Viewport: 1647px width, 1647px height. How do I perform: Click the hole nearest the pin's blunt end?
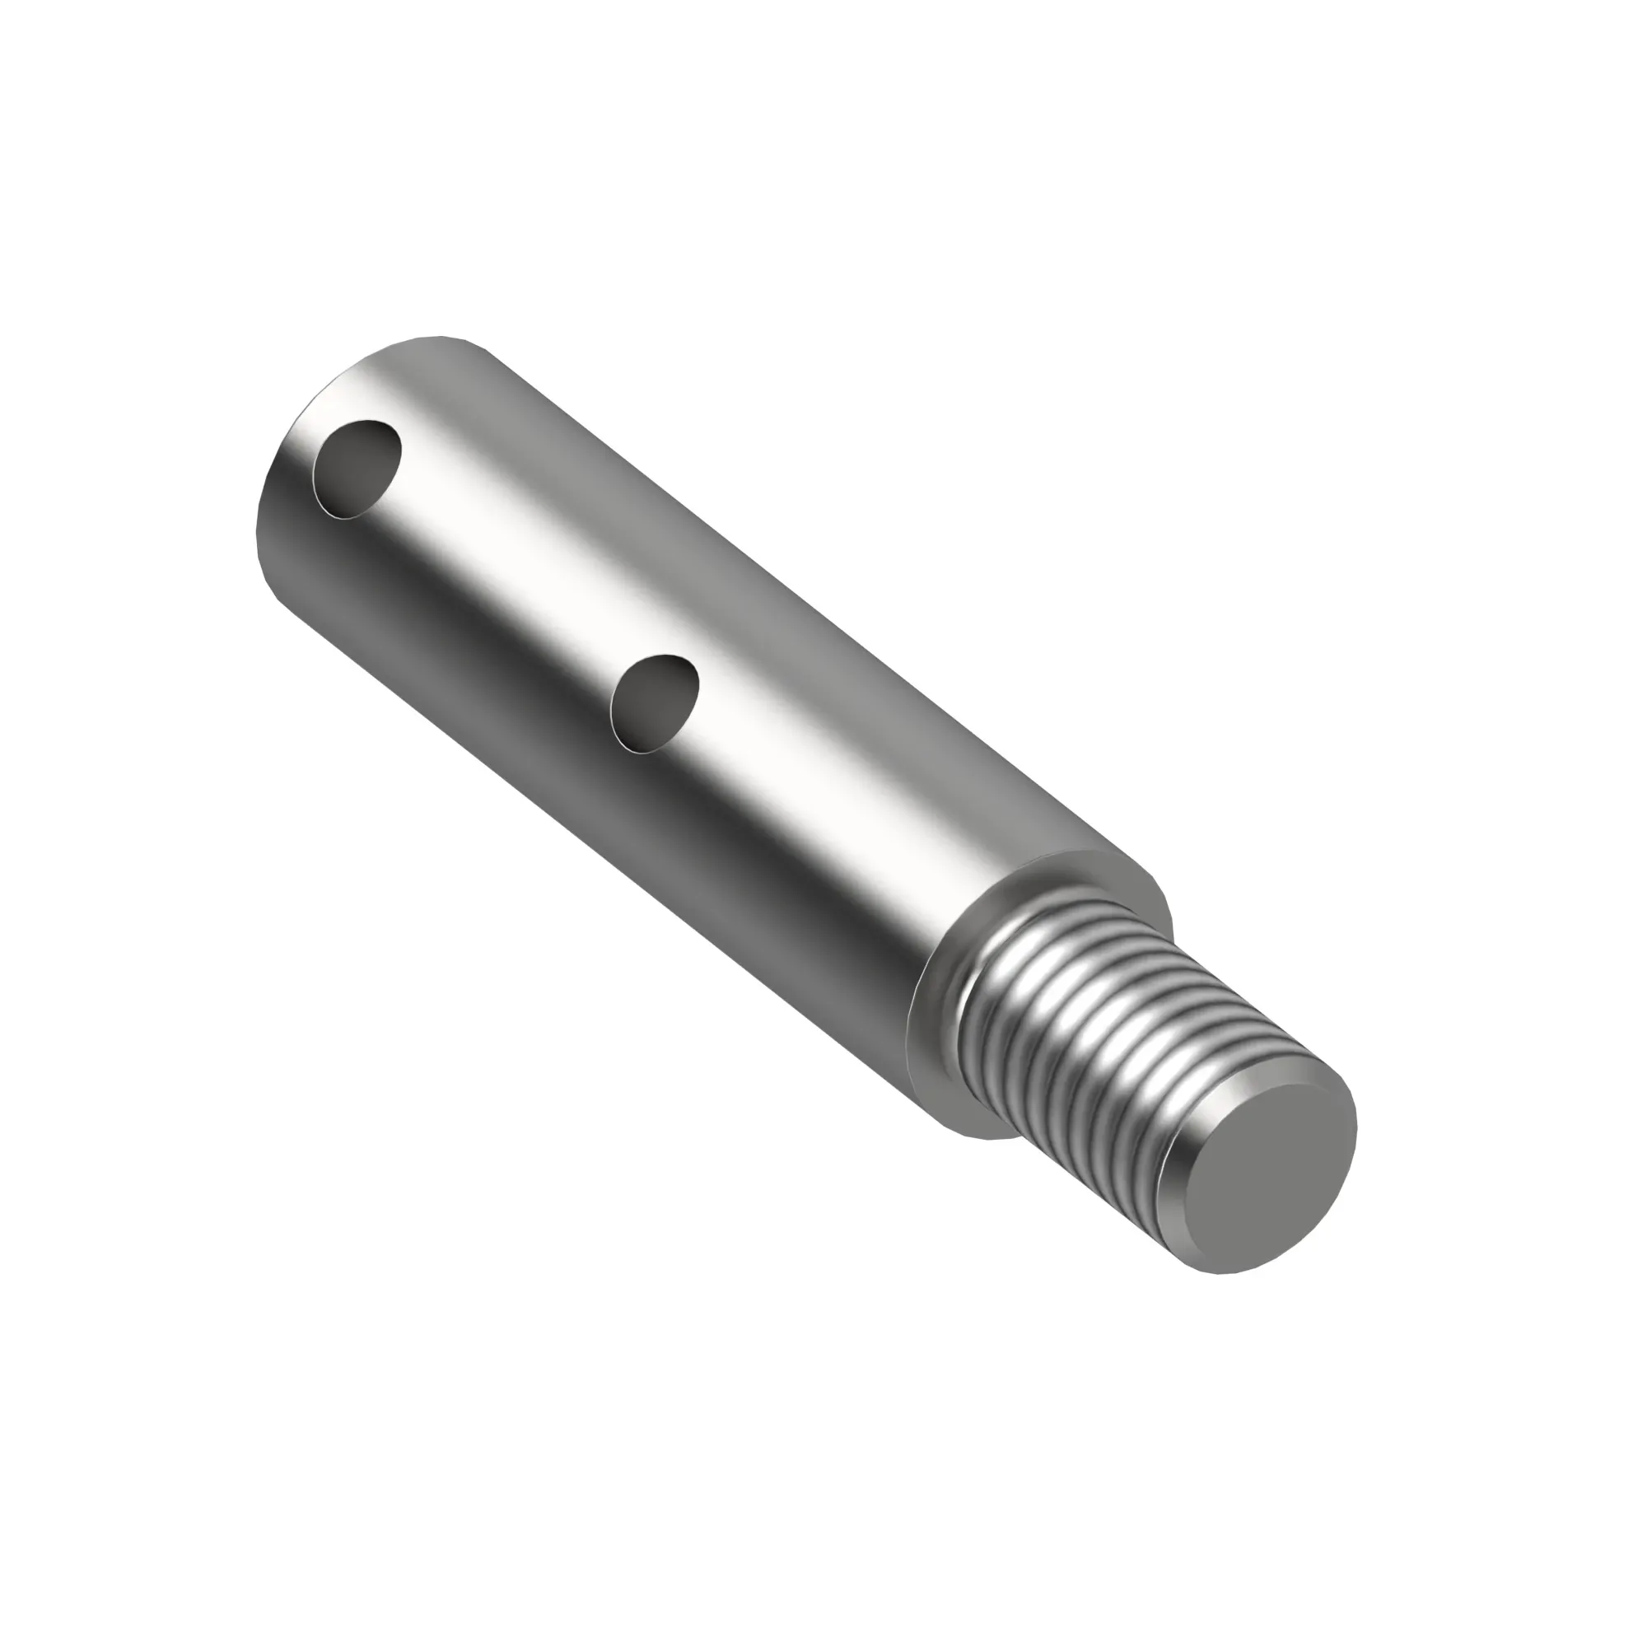(x=357, y=468)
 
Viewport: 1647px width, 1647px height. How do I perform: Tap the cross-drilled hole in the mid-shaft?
(x=655, y=704)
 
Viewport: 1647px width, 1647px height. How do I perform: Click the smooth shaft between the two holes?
(x=511, y=580)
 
